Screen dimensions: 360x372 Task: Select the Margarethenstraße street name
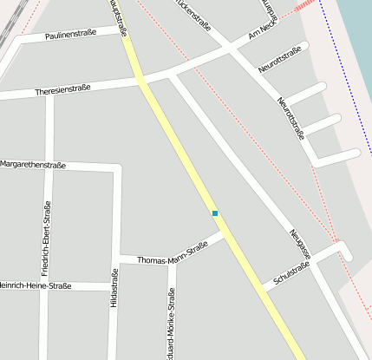33,164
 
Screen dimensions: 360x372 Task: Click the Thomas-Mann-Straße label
173,252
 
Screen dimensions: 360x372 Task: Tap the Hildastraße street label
114,286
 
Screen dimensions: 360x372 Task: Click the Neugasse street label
300,234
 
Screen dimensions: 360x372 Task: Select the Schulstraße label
291,272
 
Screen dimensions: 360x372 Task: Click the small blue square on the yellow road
214,213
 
